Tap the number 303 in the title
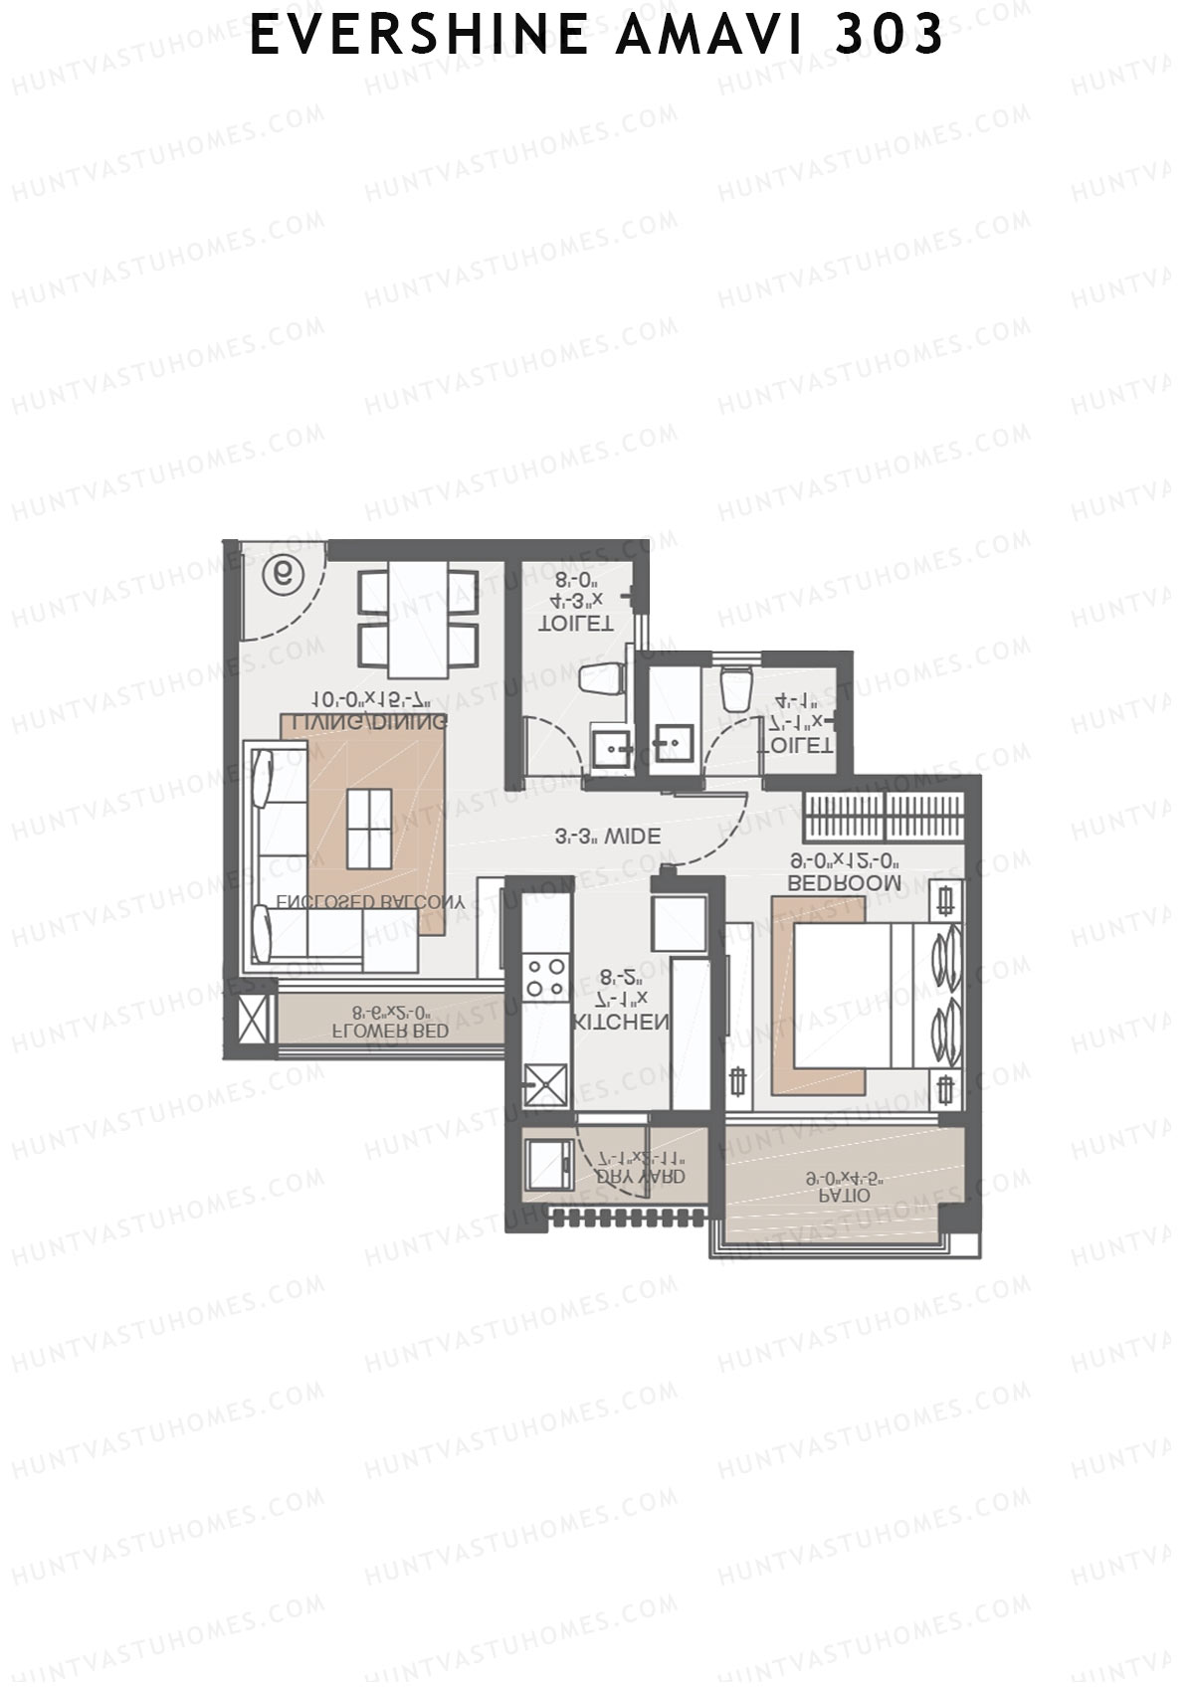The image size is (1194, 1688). (890, 35)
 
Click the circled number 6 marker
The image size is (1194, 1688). (284, 574)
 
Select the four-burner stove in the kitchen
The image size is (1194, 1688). (545, 976)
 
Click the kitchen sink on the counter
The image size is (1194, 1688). (546, 1085)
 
